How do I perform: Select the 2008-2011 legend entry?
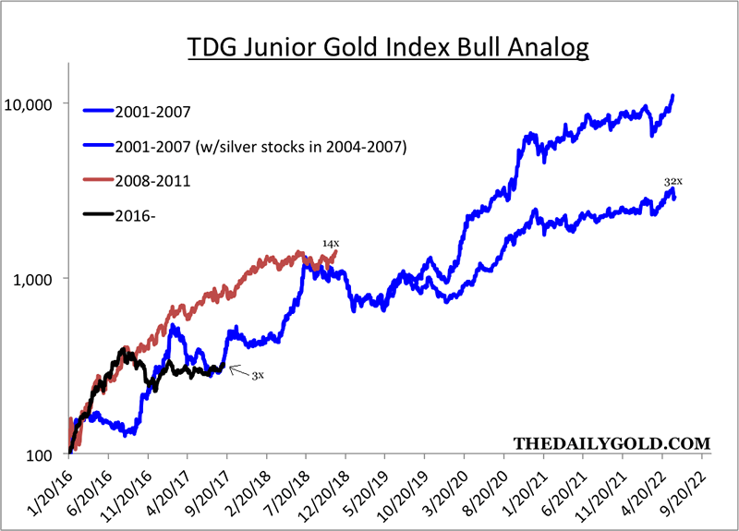point(153,181)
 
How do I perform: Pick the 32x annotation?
point(672,183)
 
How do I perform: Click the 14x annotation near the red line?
point(330,243)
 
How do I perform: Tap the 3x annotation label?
point(258,376)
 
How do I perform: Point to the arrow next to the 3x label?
point(237,370)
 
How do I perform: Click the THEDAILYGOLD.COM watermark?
point(610,442)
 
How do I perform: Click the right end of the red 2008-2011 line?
point(336,251)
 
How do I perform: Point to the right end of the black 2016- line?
point(224,367)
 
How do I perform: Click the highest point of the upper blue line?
point(673,95)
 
